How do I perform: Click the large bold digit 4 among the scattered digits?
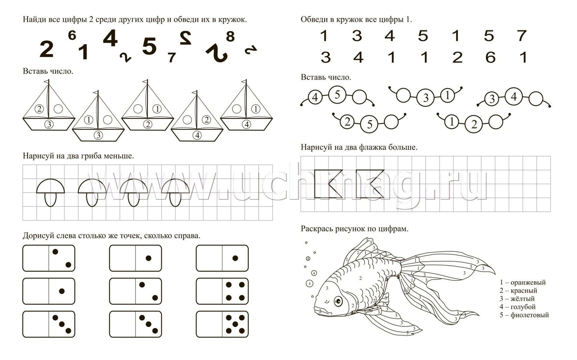[110, 38]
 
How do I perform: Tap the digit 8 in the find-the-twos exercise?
[230, 37]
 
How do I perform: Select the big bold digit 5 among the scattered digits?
[149, 46]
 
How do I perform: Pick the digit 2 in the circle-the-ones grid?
[457, 57]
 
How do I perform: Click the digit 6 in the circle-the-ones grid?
[490, 57]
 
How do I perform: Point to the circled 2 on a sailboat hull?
[148, 125]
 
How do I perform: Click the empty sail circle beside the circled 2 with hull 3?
[58, 109]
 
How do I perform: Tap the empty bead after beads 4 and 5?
[359, 97]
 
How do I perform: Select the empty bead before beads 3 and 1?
[403, 95]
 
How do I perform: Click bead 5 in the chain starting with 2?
[369, 125]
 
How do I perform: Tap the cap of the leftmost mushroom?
[50, 186]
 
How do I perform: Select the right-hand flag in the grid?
[370, 184]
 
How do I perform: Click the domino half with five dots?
[235, 324]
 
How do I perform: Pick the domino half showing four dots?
[235, 291]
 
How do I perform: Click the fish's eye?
[338, 301]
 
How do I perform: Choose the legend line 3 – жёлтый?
[517, 299]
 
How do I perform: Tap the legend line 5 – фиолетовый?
[524, 315]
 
